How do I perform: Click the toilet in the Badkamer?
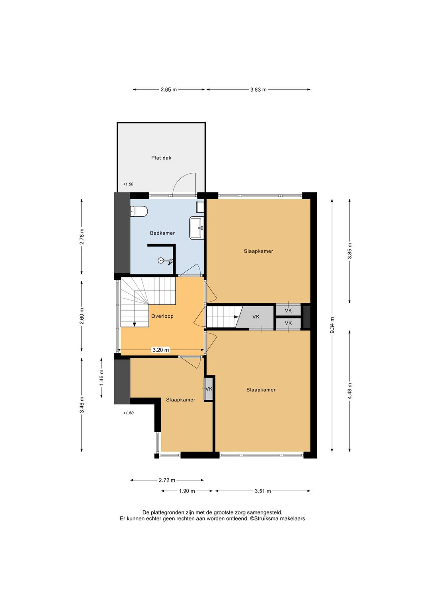(x=139, y=211)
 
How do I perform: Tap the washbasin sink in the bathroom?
(x=197, y=228)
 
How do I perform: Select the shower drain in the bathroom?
(x=161, y=260)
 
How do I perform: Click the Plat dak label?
(x=161, y=158)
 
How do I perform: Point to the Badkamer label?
(x=162, y=233)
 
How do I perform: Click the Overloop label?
(x=162, y=316)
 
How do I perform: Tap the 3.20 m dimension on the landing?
(x=161, y=350)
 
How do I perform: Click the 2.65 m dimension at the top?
(x=168, y=89)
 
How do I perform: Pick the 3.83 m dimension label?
(x=258, y=89)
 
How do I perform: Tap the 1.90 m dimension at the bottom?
(x=187, y=491)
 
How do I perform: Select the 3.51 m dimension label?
(x=263, y=491)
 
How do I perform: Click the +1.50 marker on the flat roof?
(x=128, y=184)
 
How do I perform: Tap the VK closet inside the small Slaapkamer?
(x=209, y=389)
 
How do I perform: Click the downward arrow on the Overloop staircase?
(x=134, y=324)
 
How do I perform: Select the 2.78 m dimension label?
(x=81, y=237)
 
